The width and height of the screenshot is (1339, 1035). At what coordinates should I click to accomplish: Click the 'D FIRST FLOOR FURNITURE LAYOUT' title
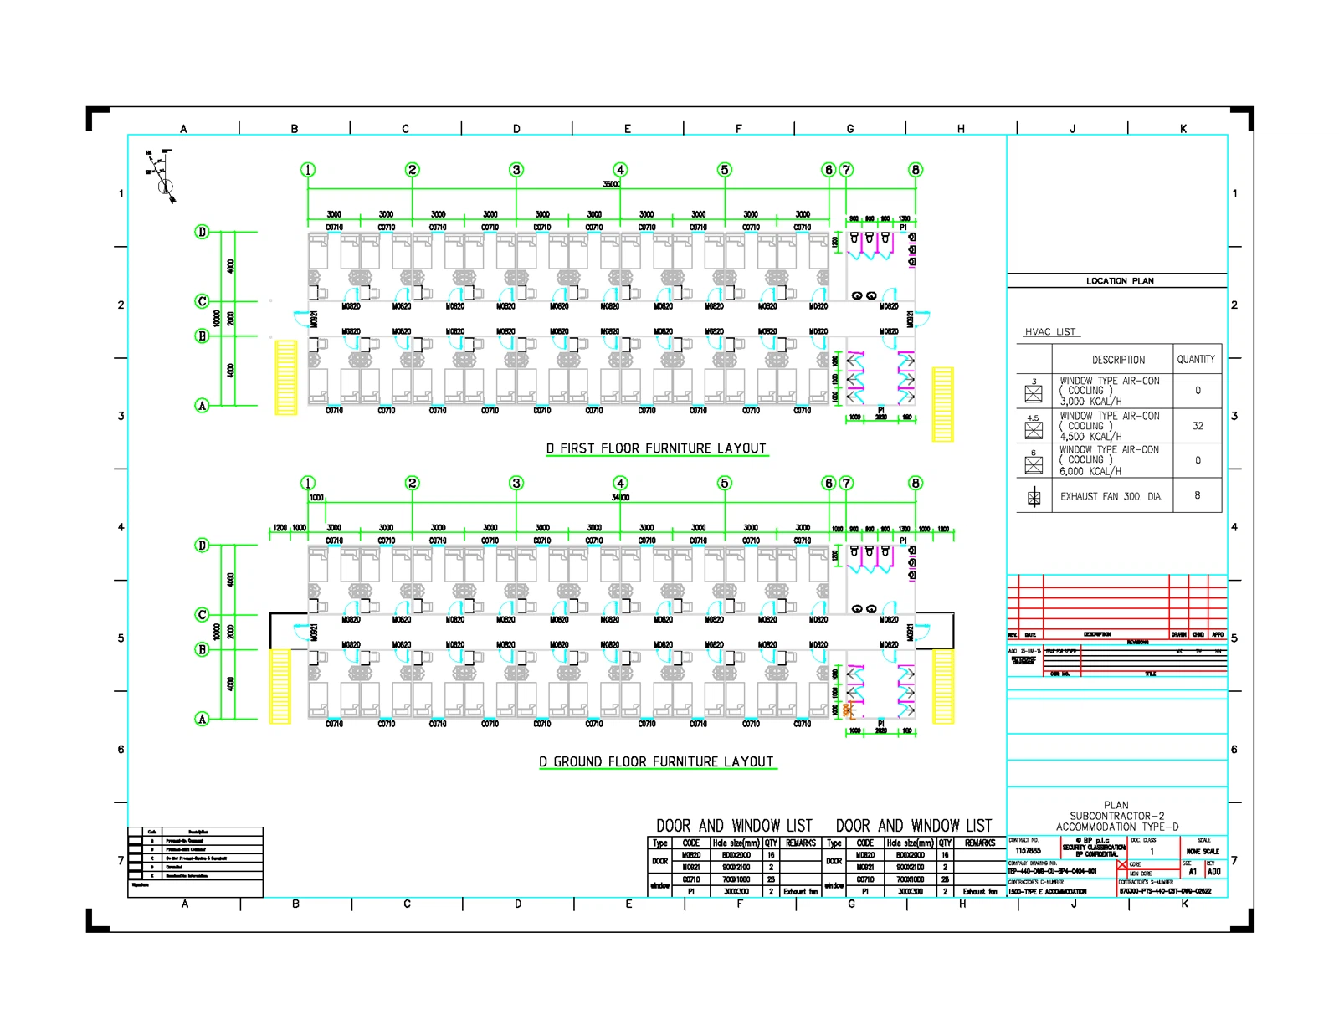pos(656,448)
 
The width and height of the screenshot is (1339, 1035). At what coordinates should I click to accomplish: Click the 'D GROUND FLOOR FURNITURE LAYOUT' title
pos(656,761)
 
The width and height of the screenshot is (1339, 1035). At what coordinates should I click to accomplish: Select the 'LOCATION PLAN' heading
pos(1119,281)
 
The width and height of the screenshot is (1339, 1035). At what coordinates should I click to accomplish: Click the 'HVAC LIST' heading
pos(1050,332)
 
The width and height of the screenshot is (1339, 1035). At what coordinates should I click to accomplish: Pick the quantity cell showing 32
pos(1198,426)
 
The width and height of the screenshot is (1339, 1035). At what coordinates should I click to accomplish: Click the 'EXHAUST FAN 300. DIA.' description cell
pos(1111,496)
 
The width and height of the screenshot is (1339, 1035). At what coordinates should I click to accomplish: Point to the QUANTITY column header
pos(1196,360)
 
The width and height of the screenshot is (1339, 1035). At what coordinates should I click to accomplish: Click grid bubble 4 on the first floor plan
pos(620,170)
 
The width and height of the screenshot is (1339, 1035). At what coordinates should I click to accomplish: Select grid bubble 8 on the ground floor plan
pos(916,483)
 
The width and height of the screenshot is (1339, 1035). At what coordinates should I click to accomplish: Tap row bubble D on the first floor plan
pos(202,232)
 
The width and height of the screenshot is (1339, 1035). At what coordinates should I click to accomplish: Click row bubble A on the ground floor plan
pos(202,719)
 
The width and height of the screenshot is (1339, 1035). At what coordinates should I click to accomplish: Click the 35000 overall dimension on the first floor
pos(612,184)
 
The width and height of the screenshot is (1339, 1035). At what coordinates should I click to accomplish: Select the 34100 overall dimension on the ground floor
pos(620,498)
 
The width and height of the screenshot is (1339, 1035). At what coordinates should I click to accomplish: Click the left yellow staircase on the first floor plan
pos(286,377)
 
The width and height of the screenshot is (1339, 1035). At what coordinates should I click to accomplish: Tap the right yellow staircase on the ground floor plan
pos(943,686)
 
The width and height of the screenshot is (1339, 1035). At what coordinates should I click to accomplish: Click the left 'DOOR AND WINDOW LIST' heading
pos(734,826)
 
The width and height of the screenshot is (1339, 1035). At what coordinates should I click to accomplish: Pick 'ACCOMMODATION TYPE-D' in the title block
pos(1116,827)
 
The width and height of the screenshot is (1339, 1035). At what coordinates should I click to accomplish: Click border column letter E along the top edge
pos(627,129)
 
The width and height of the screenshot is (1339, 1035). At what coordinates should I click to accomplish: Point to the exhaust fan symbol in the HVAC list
pos(1034,497)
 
